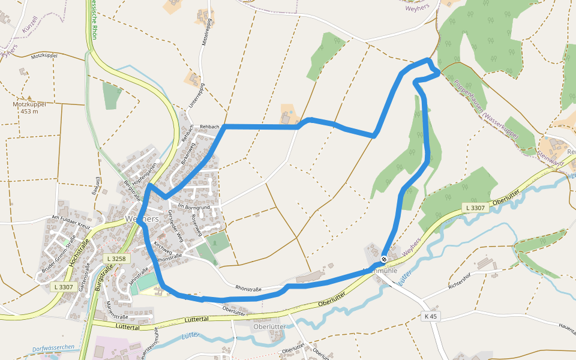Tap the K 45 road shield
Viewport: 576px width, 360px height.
[x=430, y=316]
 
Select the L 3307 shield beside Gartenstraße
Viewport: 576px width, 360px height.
[x=63, y=287]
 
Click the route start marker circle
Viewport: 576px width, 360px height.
[x=384, y=259]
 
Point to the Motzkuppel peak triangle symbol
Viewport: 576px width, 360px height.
[x=28, y=97]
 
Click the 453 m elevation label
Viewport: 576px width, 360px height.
[x=29, y=111]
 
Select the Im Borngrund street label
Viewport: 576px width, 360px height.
[x=194, y=207]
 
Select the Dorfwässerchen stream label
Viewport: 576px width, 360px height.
[x=54, y=348]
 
